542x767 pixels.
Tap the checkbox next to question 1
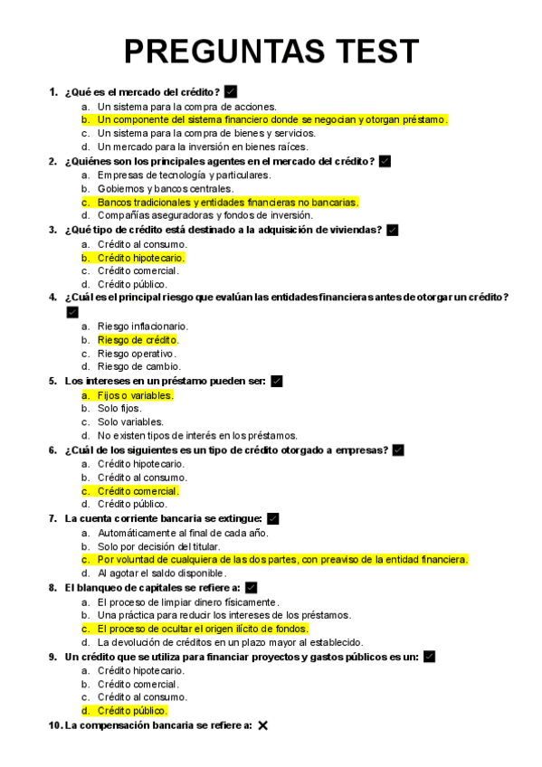(x=231, y=91)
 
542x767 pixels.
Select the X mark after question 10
(x=262, y=725)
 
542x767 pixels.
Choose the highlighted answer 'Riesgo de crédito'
(x=138, y=340)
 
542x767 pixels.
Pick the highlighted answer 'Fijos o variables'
(x=135, y=395)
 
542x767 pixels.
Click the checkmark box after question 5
(x=277, y=382)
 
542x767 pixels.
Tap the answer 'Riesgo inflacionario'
(x=143, y=326)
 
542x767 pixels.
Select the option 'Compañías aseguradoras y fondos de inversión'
(x=205, y=215)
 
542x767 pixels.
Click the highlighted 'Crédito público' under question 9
(x=132, y=711)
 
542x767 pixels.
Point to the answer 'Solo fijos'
(x=119, y=408)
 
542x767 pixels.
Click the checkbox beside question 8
(x=252, y=588)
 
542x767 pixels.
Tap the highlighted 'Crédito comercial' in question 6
(x=138, y=491)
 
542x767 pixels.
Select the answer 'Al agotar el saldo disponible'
(x=161, y=573)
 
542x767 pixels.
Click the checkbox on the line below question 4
(x=72, y=312)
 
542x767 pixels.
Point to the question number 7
(x=52, y=519)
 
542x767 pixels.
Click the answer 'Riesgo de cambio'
(x=138, y=367)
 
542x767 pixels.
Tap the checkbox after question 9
(x=429, y=657)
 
